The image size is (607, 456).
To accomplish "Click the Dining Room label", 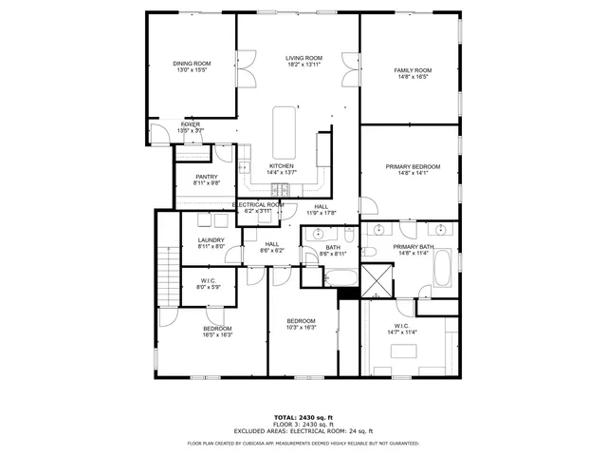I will [x=192, y=67].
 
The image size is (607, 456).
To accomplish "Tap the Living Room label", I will [x=304, y=62].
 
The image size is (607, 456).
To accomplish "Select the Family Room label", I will [x=413, y=74].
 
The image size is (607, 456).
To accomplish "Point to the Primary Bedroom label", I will [x=413, y=170].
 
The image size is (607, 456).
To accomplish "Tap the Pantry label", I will [x=207, y=180].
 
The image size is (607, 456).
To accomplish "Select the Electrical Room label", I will [x=259, y=208].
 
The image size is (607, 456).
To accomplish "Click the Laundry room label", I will [x=212, y=243].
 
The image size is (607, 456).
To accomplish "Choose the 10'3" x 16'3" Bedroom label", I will [x=301, y=325].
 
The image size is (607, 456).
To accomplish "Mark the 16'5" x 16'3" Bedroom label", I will [x=217, y=332].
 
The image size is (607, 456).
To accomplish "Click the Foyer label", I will [x=191, y=127].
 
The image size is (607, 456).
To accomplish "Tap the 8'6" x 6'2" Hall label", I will [x=272, y=247].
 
